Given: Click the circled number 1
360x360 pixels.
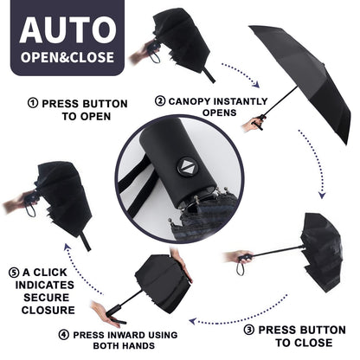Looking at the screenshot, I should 33,104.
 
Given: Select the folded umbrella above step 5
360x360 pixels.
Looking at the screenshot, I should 61,195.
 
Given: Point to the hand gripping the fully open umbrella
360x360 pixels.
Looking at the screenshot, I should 253,125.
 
